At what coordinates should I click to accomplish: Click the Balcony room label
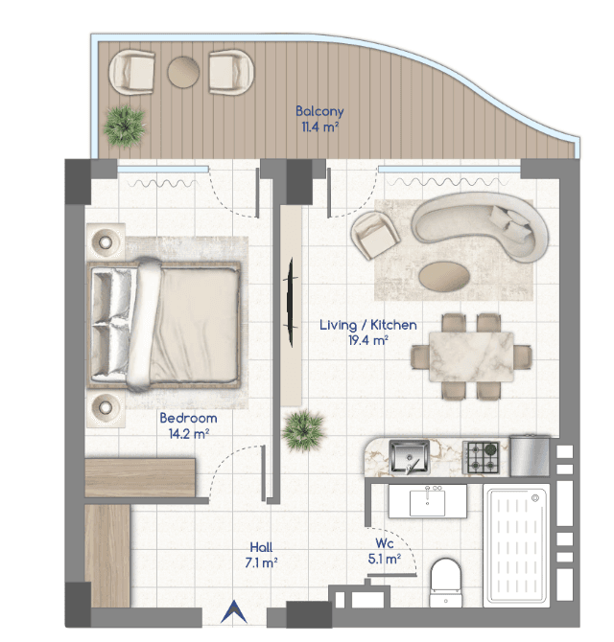pos(319,111)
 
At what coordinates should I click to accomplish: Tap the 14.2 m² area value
pos(189,434)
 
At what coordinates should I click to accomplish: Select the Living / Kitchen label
pos(368,325)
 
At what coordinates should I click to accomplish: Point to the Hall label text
pos(261,547)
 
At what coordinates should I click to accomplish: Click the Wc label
pos(385,543)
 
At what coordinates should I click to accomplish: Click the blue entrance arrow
pos(234,611)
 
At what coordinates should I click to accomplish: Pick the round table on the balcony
pos(183,72)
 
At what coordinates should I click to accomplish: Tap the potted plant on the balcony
pos(124,126)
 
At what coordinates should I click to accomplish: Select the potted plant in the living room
pos(303,431)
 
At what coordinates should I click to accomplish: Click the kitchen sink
pos(409,456)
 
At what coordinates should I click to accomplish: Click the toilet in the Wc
pos(446,583)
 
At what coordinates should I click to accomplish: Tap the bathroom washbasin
pos(428,501)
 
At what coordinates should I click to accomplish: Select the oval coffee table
pos(444,277)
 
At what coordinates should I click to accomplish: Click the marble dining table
pos(471,356)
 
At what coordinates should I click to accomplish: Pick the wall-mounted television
pos(291,302)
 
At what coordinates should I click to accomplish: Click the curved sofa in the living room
pos(480,226)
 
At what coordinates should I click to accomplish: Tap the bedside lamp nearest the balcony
pos(106,241)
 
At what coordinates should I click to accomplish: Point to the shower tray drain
pos(535,498)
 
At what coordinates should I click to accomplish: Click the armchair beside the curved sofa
pos(374,235)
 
